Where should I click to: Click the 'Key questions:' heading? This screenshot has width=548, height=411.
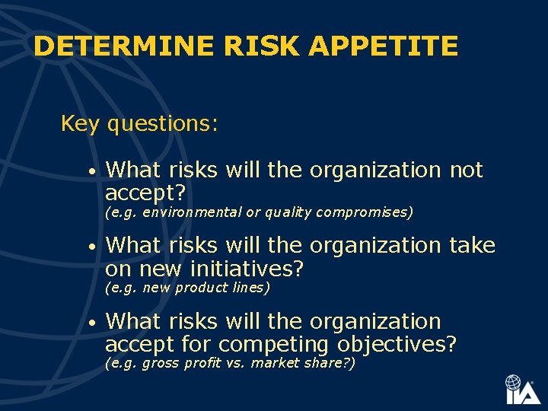point(139,123)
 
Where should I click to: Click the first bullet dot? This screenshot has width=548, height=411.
point(91,173)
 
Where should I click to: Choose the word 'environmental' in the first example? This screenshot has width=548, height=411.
point(193,212)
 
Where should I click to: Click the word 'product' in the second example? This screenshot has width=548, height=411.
point(199,288)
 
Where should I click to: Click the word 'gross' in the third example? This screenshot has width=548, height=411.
point(159,363)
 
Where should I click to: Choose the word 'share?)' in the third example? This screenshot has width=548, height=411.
point(332,363)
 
